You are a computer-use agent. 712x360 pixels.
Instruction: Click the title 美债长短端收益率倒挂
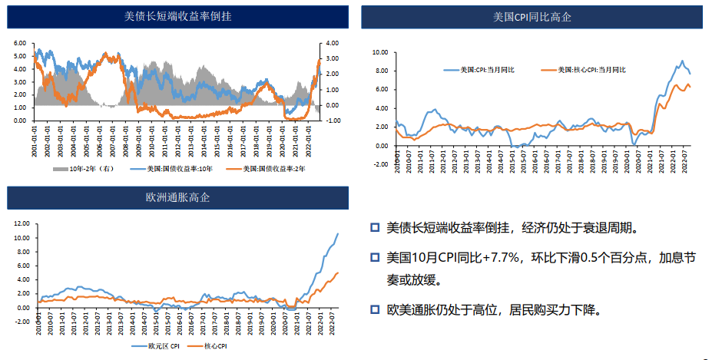178,16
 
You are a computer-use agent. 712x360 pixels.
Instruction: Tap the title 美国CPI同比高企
532,17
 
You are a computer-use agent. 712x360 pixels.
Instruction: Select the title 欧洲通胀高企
178,197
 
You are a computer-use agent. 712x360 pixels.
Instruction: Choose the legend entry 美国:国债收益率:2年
277,169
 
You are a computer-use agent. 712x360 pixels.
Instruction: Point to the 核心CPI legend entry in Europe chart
216,347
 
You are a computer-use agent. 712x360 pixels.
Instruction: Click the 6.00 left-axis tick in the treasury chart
20,43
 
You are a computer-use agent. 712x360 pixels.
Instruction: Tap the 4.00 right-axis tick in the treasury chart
332,43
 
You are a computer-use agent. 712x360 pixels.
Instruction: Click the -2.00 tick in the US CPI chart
380,164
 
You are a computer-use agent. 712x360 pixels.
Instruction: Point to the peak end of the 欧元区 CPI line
337,233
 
